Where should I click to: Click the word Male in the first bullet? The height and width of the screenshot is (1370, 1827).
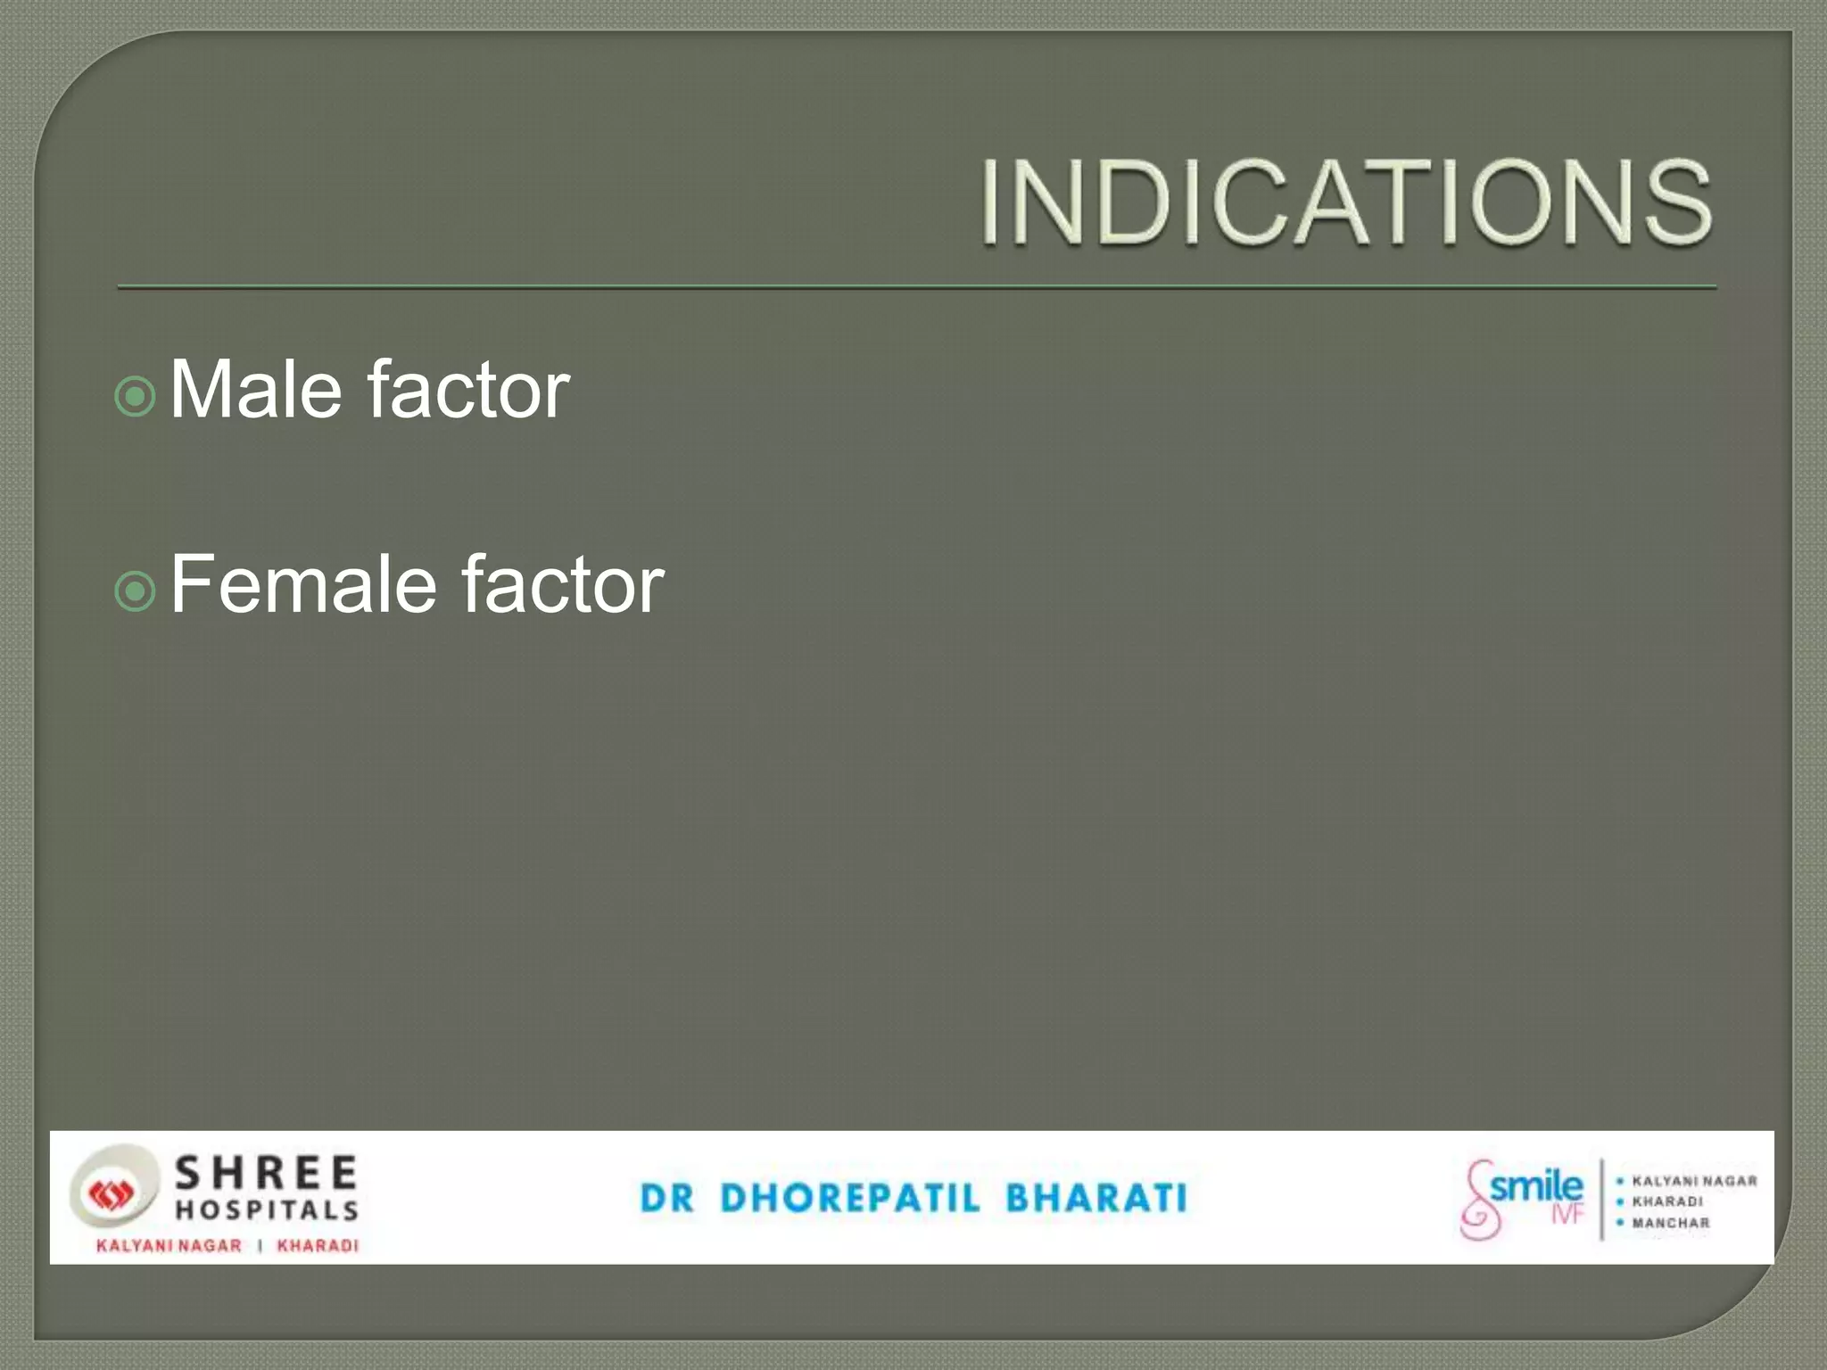255,390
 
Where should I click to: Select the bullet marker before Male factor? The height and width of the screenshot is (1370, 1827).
136,396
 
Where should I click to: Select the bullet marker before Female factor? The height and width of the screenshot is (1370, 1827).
136,590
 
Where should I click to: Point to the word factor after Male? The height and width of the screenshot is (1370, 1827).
468,390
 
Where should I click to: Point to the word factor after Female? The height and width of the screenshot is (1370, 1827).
563,585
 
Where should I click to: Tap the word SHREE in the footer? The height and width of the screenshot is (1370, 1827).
266,1173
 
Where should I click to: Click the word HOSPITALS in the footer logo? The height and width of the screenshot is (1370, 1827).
266,1210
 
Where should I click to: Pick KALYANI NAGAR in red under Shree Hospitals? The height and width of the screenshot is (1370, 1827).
169,1246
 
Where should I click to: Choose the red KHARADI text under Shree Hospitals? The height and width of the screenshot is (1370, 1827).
318,1246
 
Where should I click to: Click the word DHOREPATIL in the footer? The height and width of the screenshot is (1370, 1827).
849,1198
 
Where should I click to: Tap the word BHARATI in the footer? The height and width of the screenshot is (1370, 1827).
1096,1198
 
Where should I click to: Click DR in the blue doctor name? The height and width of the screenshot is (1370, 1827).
666,1198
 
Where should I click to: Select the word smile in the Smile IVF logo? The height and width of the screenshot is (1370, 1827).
1536,1187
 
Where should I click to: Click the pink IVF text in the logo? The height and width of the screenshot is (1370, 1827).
1567,1215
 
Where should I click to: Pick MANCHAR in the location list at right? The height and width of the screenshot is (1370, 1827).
1670,1223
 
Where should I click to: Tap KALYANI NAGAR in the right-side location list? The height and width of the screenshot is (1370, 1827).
1693,1181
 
